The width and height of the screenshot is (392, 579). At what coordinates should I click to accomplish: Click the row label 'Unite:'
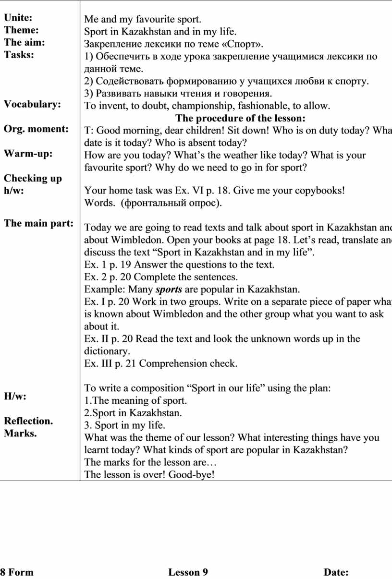click(x=18, y=18)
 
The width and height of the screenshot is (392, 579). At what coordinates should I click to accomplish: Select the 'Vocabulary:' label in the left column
click(x=32, y=104)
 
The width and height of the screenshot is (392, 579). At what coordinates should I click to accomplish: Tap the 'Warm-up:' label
click(x=28, y=154)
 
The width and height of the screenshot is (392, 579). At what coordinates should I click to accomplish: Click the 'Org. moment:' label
click(x=36, y=129)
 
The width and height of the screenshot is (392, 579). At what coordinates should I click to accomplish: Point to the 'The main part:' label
click(x=39, y=223)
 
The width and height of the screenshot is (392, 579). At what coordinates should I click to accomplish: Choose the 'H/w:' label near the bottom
click(x=15, y=397)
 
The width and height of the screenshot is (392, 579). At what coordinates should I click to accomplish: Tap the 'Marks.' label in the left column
click(x=20, y=434)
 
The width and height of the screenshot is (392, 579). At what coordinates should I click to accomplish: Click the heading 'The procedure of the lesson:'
click(x=240, y=118)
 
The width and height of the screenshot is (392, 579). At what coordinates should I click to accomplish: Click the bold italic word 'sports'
click(x=168, y=289)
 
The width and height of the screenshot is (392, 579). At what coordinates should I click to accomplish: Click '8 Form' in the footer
click(x=17, y=572)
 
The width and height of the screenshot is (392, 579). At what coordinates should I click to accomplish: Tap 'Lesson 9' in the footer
click(x=188, y=572)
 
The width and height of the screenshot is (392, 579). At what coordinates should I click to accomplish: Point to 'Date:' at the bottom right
click(x=336, y=572)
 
